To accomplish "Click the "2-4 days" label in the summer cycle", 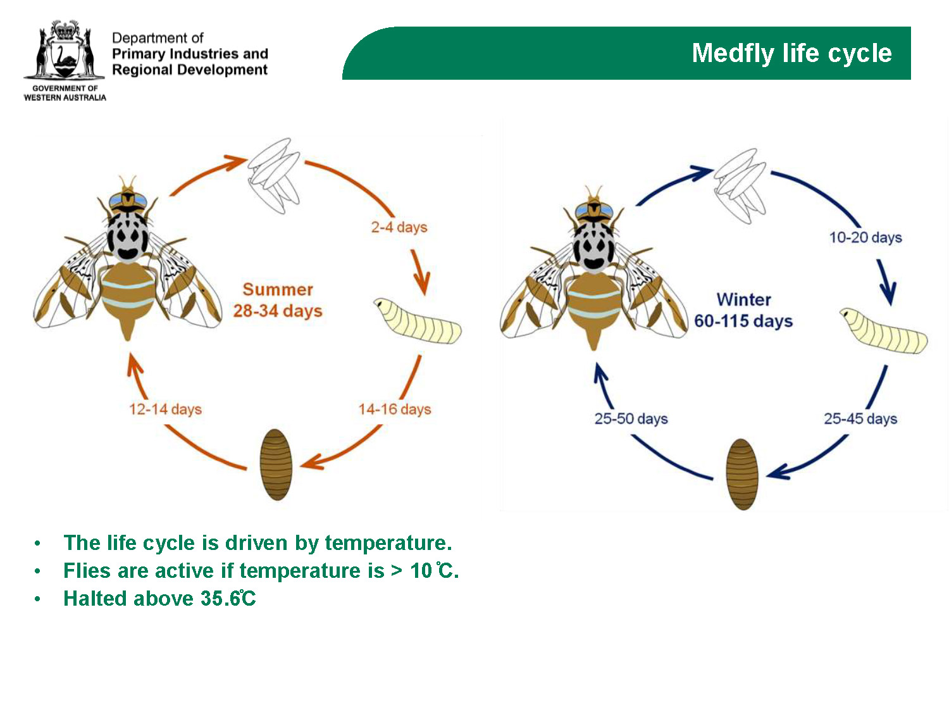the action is tap(399, 227).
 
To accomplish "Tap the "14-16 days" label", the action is tap(395, 409).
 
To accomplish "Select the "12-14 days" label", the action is tap(166, 409).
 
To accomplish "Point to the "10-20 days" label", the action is tap(865, 237).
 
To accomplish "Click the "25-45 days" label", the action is tap(860, 418).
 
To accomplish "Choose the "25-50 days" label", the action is tap(631, 418).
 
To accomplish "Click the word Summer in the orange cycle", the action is tap(278, 289).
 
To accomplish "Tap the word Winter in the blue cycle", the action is tap(743, 299).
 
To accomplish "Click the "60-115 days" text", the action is tap(743, 321).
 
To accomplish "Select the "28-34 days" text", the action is tap(278, 311).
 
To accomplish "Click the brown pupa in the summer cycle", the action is tap(276, 465).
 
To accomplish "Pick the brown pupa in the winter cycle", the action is tap(742, 474).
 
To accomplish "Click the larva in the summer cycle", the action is tap(418, 320).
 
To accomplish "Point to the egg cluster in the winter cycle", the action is tap(740, 186).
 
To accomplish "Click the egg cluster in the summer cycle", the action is tap(274, 175).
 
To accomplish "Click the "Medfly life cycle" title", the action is tap(791, 53).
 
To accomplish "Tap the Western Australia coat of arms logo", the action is tap(65, 50).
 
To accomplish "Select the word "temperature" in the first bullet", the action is tap(388, 543).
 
